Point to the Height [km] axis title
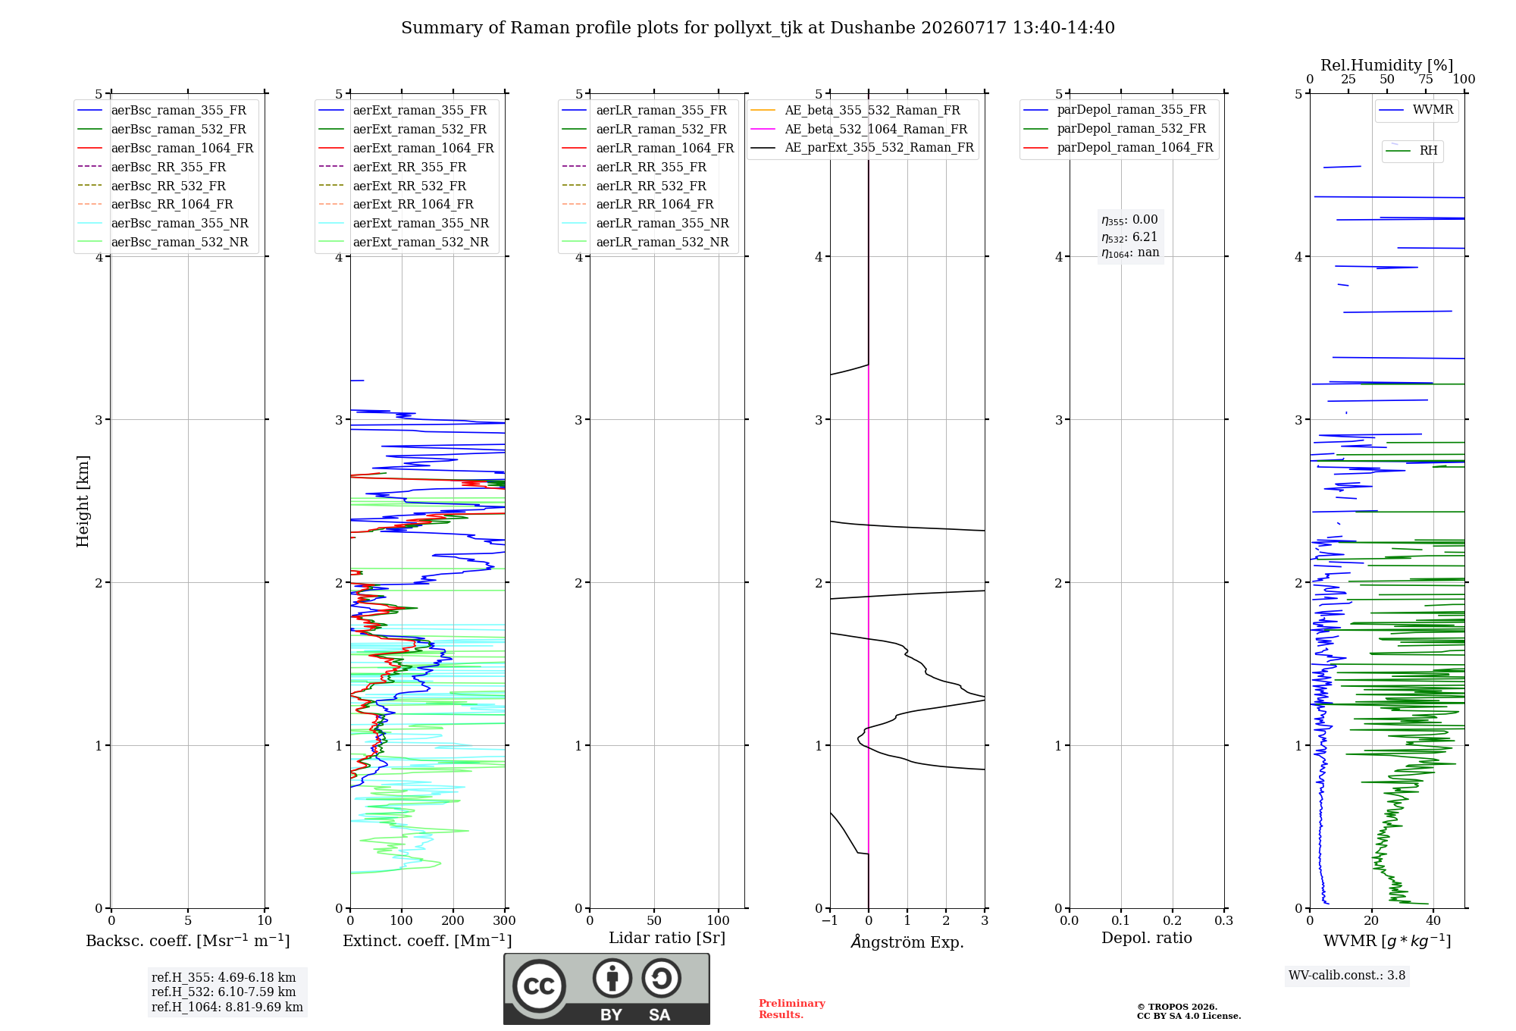pyautogui.click(x=83, y=501)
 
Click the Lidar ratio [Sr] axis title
pyautogui.click(x=667, y=939)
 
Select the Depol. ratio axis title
pyautogui.click(x=1147, y=939)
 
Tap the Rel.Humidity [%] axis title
pyautogui.click(x=1387, y=65)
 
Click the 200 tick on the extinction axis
pyautogui.click(x=453, y=921)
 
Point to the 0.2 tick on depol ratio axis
pyautogui.click(x=1173, y=921)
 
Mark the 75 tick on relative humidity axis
pyautogui.click(x=1426, y=80)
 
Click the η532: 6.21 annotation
pyautogui.click(x=1129, y=237)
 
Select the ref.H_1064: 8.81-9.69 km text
pyautogui.click(x=227, y=1007)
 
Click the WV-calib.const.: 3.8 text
pyautogui.click(x=1347, y=976)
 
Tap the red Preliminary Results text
pyautogui.click(x=792, y=1009)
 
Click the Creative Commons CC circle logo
pyautogui.click(x=539, y=986)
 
